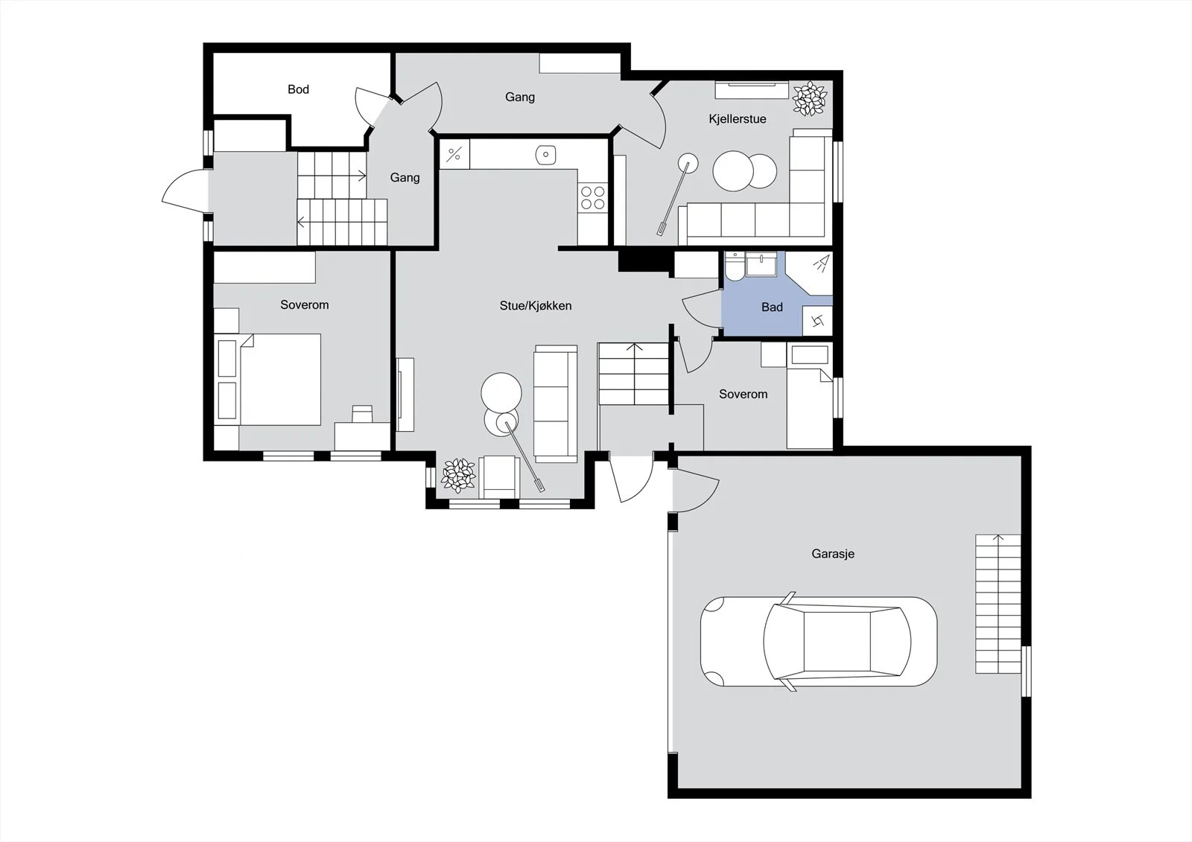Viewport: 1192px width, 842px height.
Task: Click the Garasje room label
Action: coord(833,554)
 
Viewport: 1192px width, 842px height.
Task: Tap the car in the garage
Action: coord(819,642)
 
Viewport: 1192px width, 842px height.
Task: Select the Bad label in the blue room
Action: coord(772,307)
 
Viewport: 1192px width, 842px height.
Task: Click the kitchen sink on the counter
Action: coord(545,155)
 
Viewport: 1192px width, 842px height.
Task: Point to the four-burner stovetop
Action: coord(592,197)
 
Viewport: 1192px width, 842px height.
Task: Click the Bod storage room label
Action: coord(298,89)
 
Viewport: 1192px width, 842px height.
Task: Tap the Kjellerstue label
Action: coord(737,119)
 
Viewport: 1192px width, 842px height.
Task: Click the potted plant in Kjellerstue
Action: coord(809,98)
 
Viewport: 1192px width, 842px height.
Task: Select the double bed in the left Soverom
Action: coord(270,379)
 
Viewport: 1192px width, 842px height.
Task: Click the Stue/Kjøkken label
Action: coord(536,306)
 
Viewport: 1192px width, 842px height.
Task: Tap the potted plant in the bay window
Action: coord(458,476)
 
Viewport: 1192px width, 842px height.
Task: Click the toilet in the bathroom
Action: coord(735,267)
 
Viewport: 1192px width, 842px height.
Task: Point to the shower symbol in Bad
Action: coord(821,264)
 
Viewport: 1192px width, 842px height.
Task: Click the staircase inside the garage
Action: coord(998,604)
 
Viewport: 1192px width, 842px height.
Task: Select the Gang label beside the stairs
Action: coord(405,178)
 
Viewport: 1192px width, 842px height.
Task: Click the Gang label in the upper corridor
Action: coord(520,97)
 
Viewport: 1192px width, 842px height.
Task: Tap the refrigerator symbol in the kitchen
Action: coord(454,154)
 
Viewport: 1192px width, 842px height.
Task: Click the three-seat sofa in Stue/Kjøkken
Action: coord(556,404)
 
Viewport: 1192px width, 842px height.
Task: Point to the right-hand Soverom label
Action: coord(743,394)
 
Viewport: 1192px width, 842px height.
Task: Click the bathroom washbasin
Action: coord(761,264)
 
